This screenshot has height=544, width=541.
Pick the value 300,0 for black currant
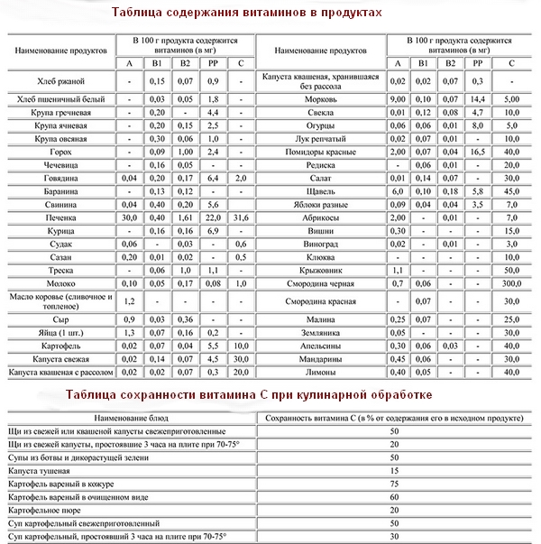512,282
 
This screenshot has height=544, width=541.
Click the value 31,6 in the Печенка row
241,218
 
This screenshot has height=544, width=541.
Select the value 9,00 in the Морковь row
399,98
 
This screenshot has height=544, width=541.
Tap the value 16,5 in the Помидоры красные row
479,152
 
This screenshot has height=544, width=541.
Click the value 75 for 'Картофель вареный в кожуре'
394,484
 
